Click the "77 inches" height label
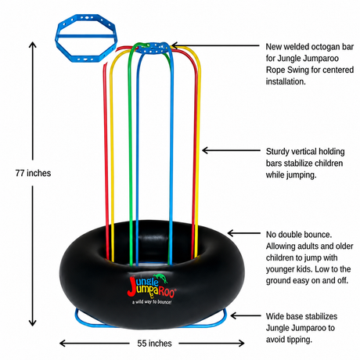pyautogui.click(x=33, y=173)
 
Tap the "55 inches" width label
pyautogui.click(x=154, y=344)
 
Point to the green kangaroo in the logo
pyautogui.click(x=161, y=278)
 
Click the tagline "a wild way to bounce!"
pyautogui.click(x=152, y=302)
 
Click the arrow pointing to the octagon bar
pyautogui.click(x=216, y=45)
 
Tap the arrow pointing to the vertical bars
pyautogui.click(x=231, y=150)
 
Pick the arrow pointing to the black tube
pyautogui.click(x=243, y=233)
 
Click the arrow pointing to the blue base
pyautogui.click(x=246, y=315)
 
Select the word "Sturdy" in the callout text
pyautogui.click(x=277, y=152)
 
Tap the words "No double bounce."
pyautogui.click(x=299, y=235)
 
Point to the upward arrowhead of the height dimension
pyautogui.click(x=33, y=45)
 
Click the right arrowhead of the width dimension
pyautogui.click(x=241, y=343)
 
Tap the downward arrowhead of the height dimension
pyautogui.click(x=33, y=322)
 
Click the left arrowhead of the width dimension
pyautogui.click(x=63, y=343)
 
